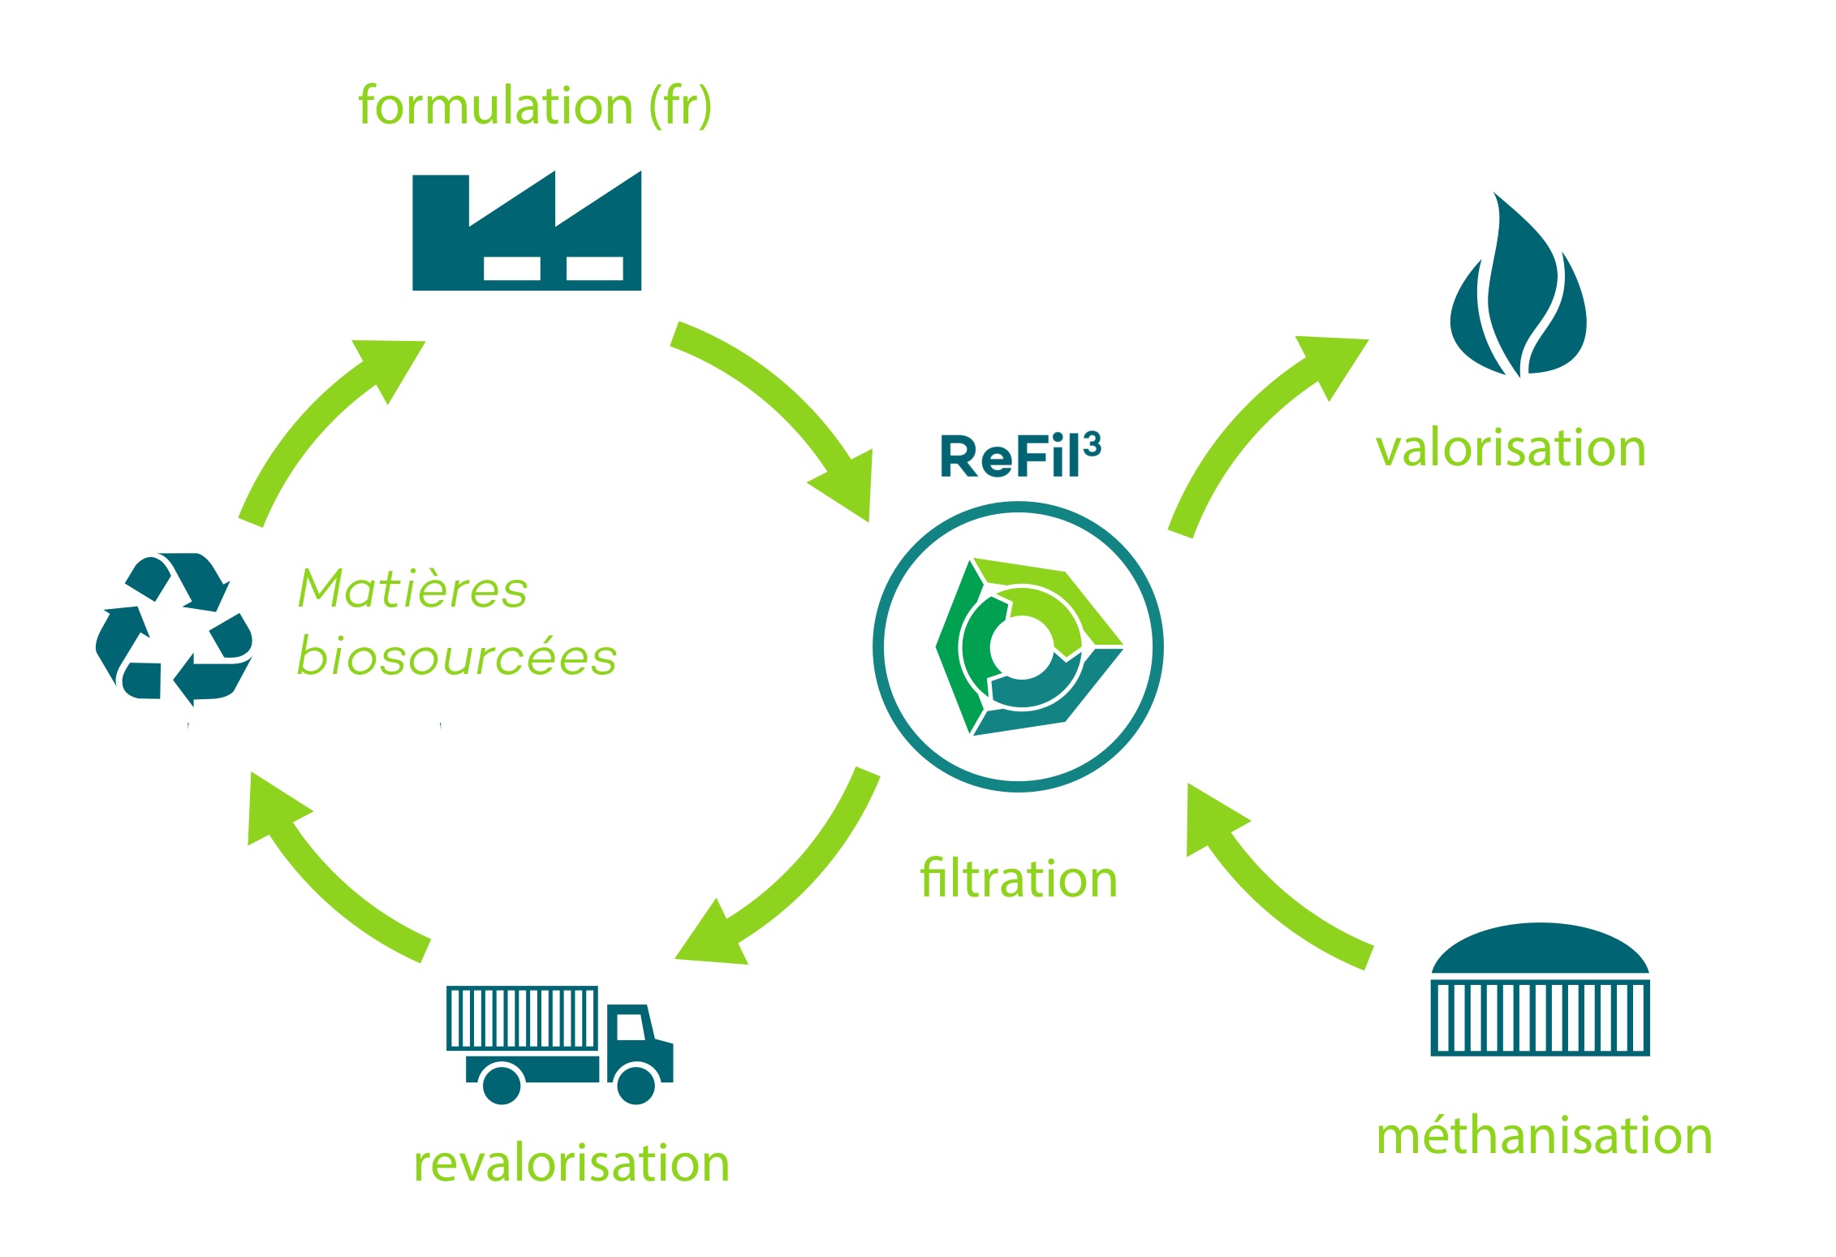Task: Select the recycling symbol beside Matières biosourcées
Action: pyautogui.click(x=174, y=629)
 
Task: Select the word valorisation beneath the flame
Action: pyautogui.click(x=1511, y=448)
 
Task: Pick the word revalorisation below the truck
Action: pyautogui.click(x=571, y=1163)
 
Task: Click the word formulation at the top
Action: pyautogui.click(x=495, y=106)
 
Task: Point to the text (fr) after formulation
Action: pyautogui.click(x=680, y=106)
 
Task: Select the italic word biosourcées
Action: pyautogui.click(x=457, y=656)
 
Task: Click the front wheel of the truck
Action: pyautogui.click(x=636, y=1085)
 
